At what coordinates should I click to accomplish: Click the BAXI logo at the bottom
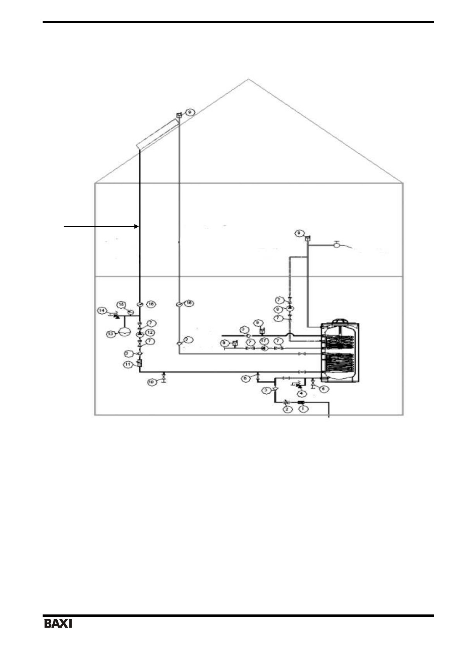[x=58, y=624]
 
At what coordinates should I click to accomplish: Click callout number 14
[x=102, y=311]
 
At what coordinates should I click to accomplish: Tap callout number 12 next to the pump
[x=150, y=333]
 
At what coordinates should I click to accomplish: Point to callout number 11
[x=128, y=364]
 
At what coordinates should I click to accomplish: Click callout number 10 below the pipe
[x=152, y=382]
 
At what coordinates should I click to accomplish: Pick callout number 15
[x=121, y=305]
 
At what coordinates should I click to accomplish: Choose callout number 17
[x=264, y=341]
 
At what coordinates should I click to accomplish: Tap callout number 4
[x=300, y=393]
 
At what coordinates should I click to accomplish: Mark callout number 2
[x=287, y=409]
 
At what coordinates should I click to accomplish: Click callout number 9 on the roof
[x=190, y=112]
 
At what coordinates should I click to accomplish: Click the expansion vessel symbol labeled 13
[x=125, y=332]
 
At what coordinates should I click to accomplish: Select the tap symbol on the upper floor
[x=336, y=244]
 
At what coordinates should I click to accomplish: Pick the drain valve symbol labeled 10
[x=164, y=376]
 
